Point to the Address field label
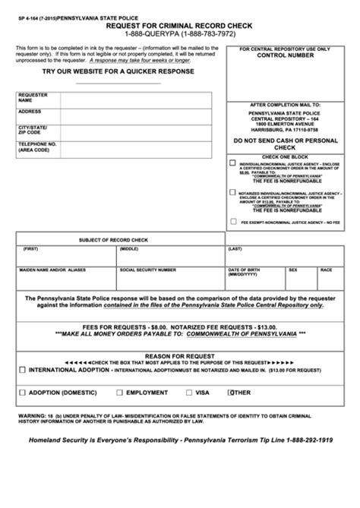tap(30, 112)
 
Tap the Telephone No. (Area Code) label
tap(36, 147)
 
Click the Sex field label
tap(293, 270)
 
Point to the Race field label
tap(326, 270)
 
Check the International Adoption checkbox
tap(22, 370)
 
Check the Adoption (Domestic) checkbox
tap(22, 393)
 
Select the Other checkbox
tap(232, 393)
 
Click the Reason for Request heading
tap(180, 355)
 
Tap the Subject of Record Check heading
tap(114, 239)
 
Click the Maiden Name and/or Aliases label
tap(49, 270)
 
